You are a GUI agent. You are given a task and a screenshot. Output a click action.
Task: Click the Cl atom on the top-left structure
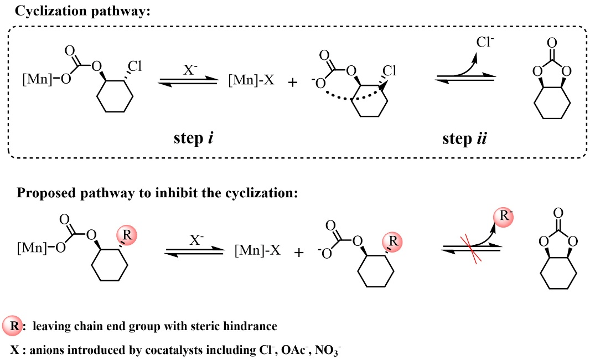click(x=135, y=66)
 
